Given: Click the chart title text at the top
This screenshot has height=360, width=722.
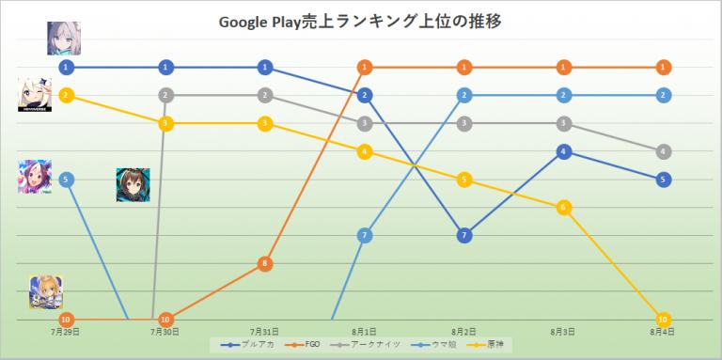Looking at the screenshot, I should click(362, 22).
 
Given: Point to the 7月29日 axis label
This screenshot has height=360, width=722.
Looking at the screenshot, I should click(66, 332).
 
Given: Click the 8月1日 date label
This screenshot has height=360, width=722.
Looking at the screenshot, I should click(365, 332).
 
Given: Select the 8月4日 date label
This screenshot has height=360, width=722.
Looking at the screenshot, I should click(664, 332).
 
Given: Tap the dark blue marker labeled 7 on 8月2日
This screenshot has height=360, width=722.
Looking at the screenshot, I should click(463, 235).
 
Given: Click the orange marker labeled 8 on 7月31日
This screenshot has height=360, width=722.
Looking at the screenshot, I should click(265, 264).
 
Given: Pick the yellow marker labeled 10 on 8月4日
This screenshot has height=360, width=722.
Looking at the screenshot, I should click(664, 319).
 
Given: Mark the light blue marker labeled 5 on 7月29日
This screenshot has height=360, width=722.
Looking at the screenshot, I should click(66, 179).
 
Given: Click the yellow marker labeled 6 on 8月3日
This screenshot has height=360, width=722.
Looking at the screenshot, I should click(563, 207).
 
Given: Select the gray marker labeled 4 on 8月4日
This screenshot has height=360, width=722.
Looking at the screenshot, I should click(664, 151).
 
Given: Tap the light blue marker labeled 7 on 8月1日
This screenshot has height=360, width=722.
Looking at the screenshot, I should click(365, 235).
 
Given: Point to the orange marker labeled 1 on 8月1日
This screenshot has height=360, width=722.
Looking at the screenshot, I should click(365, 67).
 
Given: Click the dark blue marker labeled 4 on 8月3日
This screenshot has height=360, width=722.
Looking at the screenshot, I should click(563, 151).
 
